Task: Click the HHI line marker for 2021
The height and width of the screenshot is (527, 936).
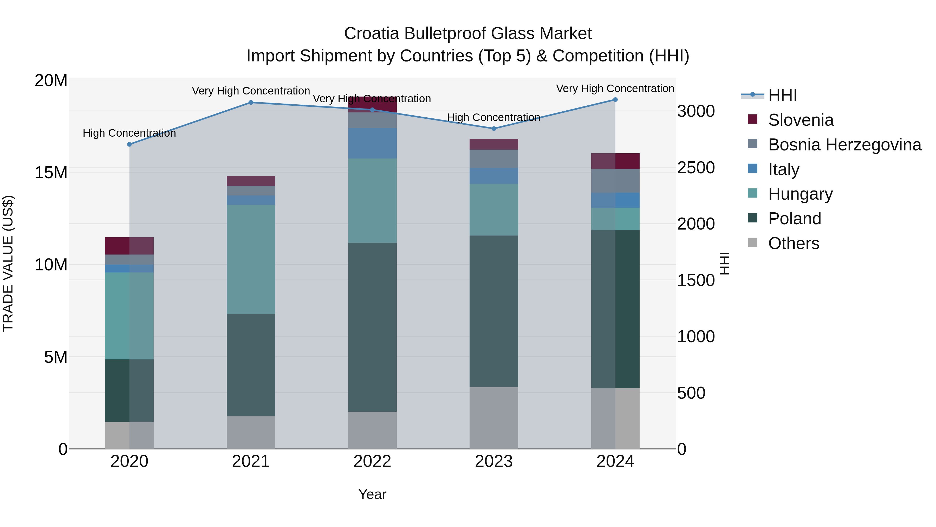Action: [251, 103]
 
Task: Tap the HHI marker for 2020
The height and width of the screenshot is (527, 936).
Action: [129, 144]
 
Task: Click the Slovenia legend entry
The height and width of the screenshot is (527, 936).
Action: [801, 120]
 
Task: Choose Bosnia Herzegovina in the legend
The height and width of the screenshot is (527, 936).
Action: [844, 145]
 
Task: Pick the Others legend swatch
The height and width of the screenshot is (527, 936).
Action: [752, 243]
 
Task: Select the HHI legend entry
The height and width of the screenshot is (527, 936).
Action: [782, 95]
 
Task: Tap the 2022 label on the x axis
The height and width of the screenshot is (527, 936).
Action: [372, 461]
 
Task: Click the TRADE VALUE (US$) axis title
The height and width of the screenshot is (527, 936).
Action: [8, 263]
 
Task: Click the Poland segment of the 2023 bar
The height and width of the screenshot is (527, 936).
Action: [494, 311]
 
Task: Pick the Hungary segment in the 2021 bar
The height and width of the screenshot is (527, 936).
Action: [251, 259]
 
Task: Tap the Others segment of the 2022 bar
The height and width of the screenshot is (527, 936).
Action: [372, 430]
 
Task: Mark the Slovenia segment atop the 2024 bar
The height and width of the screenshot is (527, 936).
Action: [615, 161]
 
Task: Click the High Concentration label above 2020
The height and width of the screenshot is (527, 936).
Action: [129, 133]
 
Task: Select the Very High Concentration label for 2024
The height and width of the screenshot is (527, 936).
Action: [615, 89]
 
